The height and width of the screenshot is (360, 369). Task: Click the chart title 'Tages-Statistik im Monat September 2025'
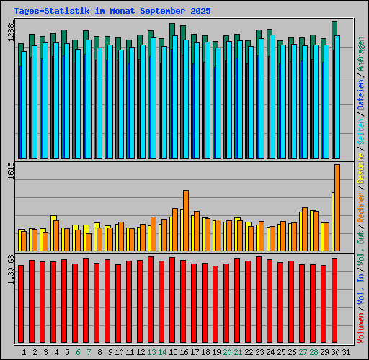coord(112,12)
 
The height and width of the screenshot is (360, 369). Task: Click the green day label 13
coord(151,352)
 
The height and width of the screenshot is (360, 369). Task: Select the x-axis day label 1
coord(24,352)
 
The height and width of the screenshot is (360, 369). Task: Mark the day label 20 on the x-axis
coord(227,352)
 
